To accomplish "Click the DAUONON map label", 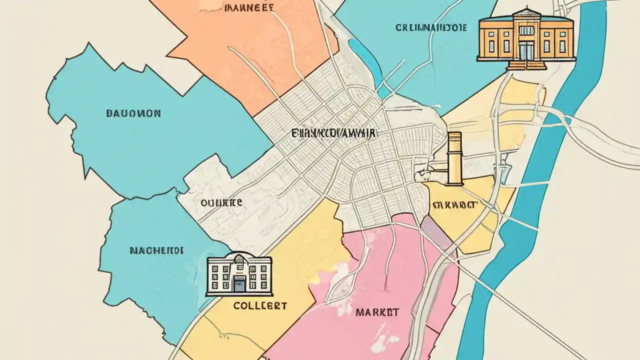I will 133,113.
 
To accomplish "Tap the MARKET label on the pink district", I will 377,312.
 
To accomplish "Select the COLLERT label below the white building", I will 260,305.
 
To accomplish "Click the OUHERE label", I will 221,203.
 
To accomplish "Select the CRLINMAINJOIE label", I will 431,28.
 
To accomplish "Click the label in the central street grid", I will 334,134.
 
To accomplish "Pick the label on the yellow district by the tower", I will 455,205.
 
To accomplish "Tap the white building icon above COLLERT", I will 239,275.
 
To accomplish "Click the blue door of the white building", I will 239,283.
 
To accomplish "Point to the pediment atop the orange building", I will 526,13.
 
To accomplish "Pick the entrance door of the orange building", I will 526,50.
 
